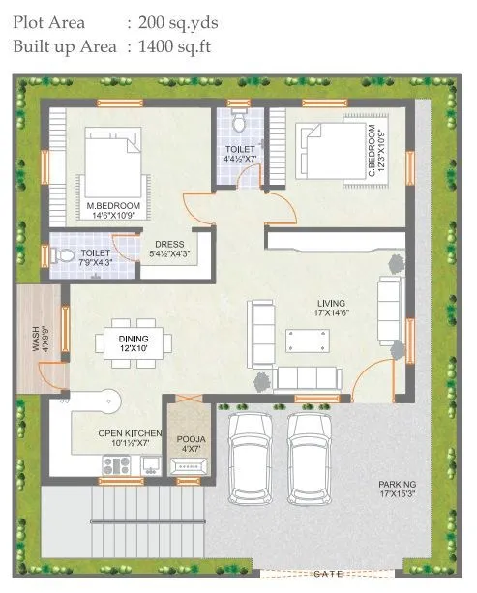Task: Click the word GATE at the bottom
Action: tap(328, 574)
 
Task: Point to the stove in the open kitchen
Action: tap(117, 465)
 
